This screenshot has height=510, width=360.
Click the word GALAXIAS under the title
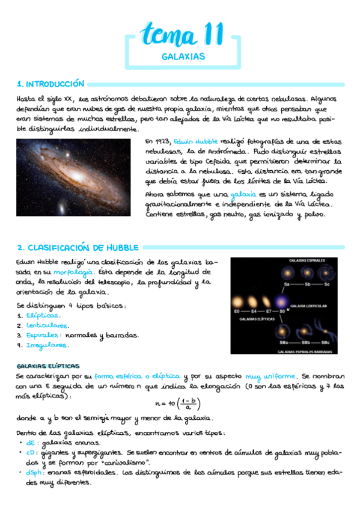[x=183, y=57]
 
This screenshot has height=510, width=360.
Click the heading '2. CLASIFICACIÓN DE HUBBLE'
[x=78, y=247]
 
